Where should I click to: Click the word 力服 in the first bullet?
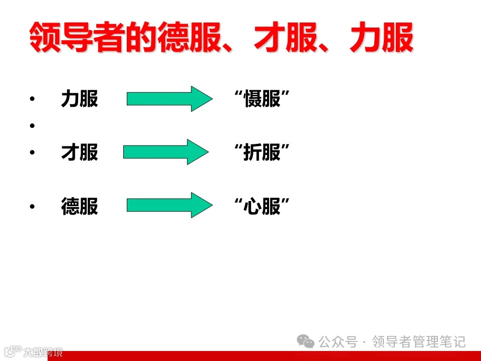(x=79, y=99)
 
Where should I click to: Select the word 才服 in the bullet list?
(x=79, y=152)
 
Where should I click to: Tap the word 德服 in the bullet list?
(x=79, y=206)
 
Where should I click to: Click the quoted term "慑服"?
(x=263, y=99)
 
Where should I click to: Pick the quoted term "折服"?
(x=263, y=152)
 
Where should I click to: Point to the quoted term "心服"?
(x=263, y=206)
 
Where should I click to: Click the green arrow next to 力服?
(x=169, y=98)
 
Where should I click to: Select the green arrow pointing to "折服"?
(x=165, y=151)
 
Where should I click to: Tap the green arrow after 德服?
(x=169, y=205)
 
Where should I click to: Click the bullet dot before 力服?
(x=33, y=100)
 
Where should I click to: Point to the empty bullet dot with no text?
(x=33, y=125)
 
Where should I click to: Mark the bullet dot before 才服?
(x=33, y=152)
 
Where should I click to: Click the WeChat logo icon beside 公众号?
(x=306, y=342)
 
